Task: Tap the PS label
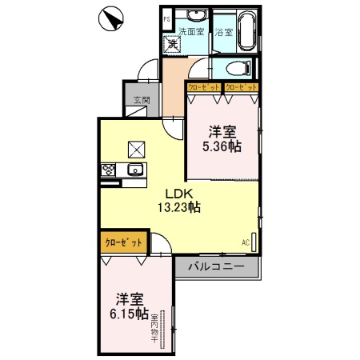pyautogui.click(x=167, y=18)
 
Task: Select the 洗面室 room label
pyautogui.click(x=190, y=33)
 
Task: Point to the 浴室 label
pyautogui.click(x=223, y=33)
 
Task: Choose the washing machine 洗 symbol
pyautogui.click(x=171, y=44)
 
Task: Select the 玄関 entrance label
pyautogui.click(x=141, y=101)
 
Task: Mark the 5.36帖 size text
pyautogui.click(x=223, y=146)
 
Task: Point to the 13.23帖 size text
pyautogui.click(x=178, y=207)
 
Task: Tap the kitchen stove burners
pyautogui.click(x=108, y=170)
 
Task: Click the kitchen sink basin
pyautogui.click(x=134, y=170)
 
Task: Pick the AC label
pyautogui.click(x=246, y=242)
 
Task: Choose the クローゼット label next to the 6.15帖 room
pyautogui.click(x=124, y=242)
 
